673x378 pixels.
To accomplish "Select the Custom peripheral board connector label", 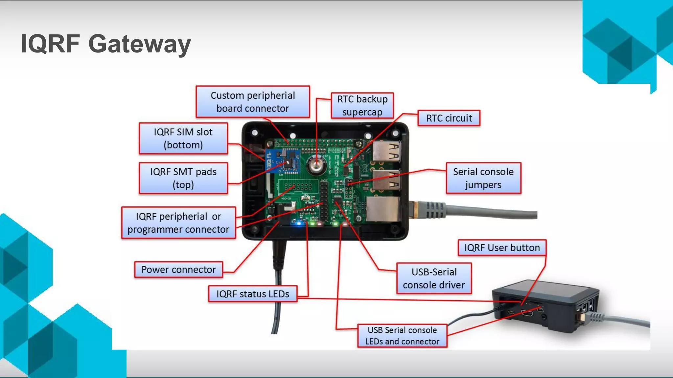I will pyautogui.click(x=252, y=102).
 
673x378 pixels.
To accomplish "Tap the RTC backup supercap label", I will pyautogui.click(x=362, y=105).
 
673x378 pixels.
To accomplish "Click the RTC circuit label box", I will pyautogui.click(x=449, y=118).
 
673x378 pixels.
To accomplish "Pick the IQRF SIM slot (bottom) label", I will pyautogui.click(x=183, y=138).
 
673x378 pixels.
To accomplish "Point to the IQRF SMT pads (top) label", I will pyautogui.click(x=183, y=178).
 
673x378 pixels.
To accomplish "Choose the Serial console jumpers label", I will pyautogui.click(x=483, y=178).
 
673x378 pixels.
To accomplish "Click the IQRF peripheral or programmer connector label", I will pyautogui.click(x=178, y=223).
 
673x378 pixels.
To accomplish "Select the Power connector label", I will pyautogui.click(x=178, y=270).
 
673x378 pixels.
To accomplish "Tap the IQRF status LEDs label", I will pyautogui.click(x=252, y=294).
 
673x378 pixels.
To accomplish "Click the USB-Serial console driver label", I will pyautogui.click(x=434, y=278).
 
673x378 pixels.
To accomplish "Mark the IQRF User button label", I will pyautogui.click(x=502, y=248).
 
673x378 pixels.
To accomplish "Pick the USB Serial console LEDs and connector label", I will pyautogui.click(x=402, y=336).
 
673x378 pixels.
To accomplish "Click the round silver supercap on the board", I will pyautogui.click(x=317, y=166).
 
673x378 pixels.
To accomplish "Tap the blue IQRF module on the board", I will pyautogui.click(x=282, y=161).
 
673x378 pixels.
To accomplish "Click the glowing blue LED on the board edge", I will pyautogui.click(x=299, y=224).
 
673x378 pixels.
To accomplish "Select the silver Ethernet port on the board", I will pyautogui.click(x=383, y=209).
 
